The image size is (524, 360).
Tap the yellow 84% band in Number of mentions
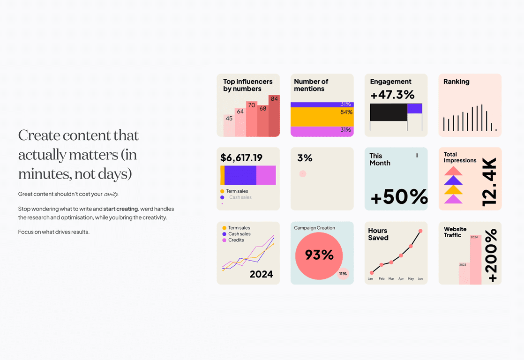pos(322,117)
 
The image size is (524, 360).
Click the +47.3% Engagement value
pos(392,95)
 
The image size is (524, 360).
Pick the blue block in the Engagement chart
pos(415,108)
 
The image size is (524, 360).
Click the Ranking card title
pos(456,82)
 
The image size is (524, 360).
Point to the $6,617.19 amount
pos(241,157)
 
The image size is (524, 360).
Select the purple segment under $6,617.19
pos(240,175)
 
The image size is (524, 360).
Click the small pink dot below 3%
pos(303,174)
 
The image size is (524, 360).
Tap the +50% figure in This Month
pos(399,197)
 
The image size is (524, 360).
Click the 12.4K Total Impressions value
pos(489,182)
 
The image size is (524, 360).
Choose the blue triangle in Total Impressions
pos(453,180)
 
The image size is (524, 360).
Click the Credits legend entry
pos(236,240)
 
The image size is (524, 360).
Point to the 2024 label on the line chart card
pos(261,274)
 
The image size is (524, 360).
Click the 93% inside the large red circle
pos(319,255)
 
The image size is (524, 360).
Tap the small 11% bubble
pos(343,274)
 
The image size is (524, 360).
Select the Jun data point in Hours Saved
pos(420,231)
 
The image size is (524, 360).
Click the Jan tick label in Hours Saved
pos(370,279)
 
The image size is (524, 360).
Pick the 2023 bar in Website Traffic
pos(464,274)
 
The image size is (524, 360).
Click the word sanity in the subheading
pos(111,194)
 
